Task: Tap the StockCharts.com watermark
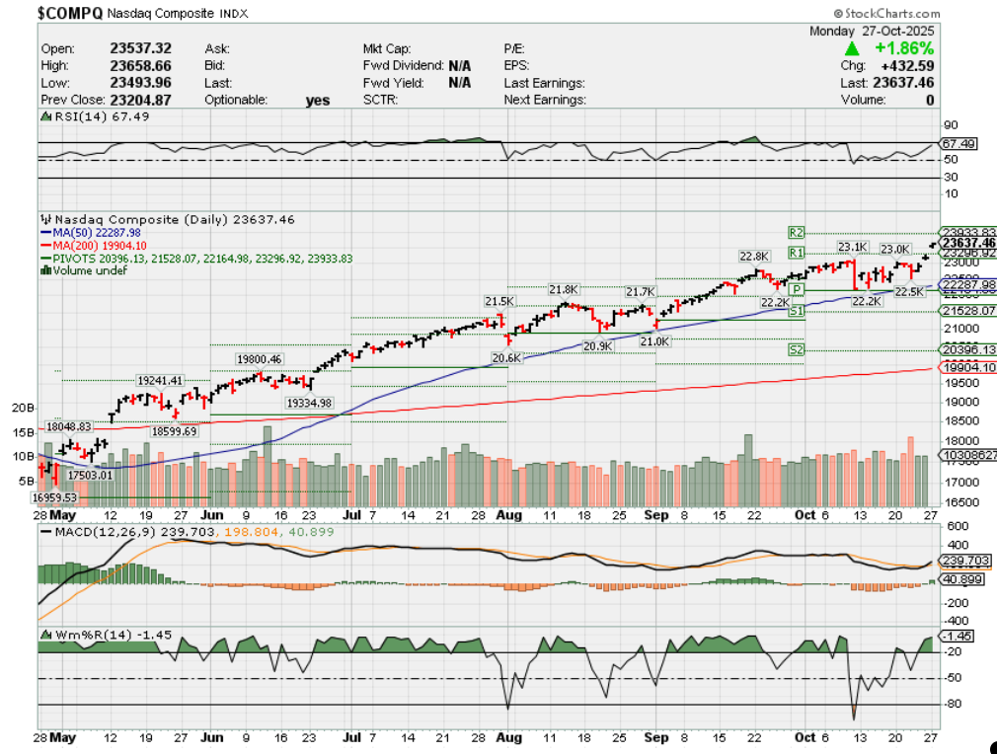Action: coord(887,13)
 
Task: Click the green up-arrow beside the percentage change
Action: coord(850,47)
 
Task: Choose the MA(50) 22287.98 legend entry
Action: coord(97,232)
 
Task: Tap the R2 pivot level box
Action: coord(797,232)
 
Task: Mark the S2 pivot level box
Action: coord(797,349)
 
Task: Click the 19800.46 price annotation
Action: coord(259,358)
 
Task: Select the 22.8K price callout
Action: coord(753,256)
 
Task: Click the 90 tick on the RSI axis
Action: coord(951,125)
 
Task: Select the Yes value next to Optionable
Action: coord(318,100)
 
